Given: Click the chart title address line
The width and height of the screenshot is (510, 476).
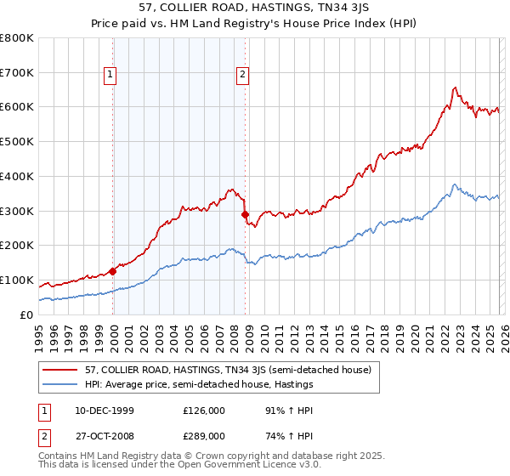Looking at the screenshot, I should pyautogui.click(x=254, y=8).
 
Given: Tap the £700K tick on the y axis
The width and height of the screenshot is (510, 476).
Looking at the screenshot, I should pyautogui.click(x=17, y=73).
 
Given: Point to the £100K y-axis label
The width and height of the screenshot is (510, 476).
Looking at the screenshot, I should pyautogui.click(x=17, y=280).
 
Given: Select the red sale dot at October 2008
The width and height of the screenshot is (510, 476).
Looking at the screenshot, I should pyautogui.click(x=245, y=214).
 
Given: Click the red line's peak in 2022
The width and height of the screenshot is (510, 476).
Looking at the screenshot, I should pyautogui.click(x=456, y=87).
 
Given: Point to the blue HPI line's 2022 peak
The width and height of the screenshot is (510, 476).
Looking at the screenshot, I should pyautogui.click(x=456, y=184).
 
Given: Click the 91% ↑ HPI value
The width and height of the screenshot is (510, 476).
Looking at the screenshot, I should pyautogui.click(x=290, y=410).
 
